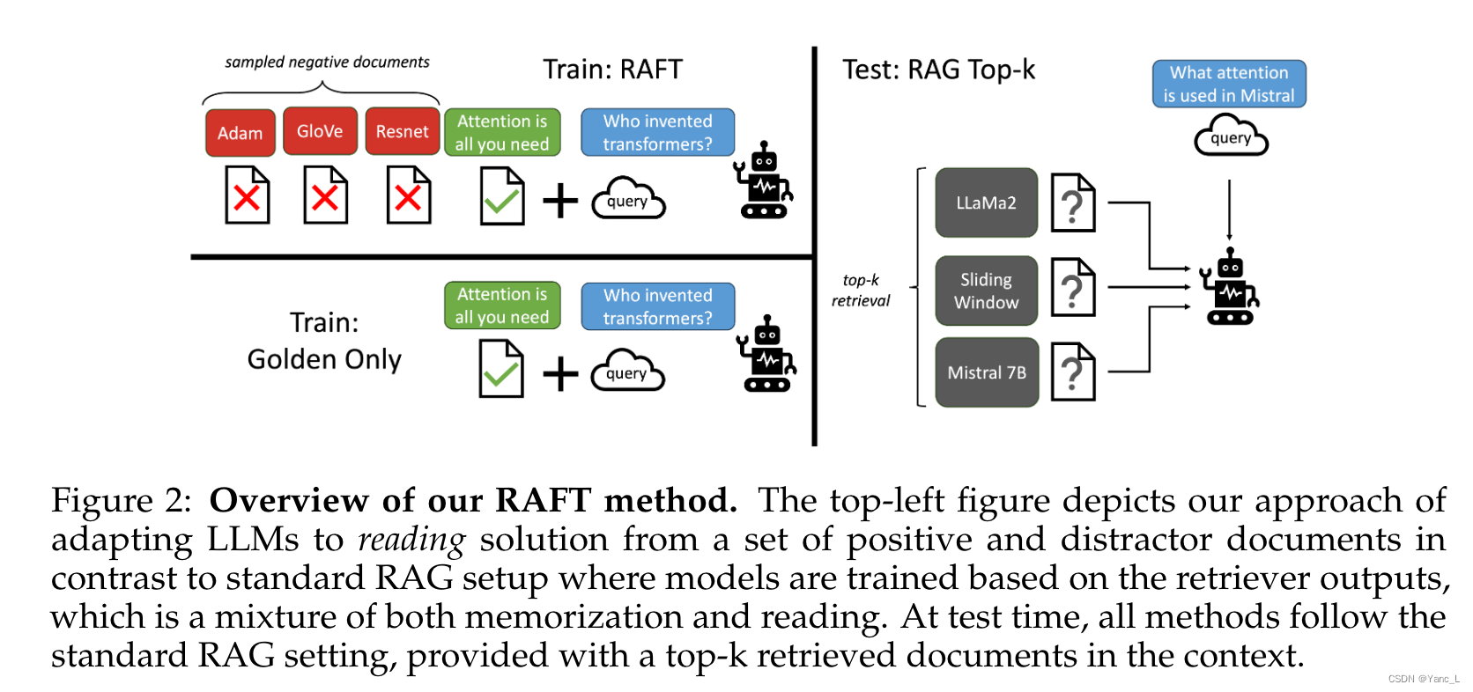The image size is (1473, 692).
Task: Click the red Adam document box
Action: [x=240, y=133]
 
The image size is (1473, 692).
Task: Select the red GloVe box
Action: [x=320, y=131]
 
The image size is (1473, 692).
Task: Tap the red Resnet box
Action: [x=402, y=131]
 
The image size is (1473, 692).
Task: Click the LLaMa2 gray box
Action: [x=986, y=202]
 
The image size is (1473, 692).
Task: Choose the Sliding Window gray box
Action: [x=986, y=291]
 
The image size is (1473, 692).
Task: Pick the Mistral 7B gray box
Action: [x=986, y=372]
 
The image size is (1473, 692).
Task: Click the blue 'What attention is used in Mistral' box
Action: [x=1229, y=85]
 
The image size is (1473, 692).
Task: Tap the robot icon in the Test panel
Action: [x=1230, y=287]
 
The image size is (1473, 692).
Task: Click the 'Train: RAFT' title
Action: [x=612, y=70]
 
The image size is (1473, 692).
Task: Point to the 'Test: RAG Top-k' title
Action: [x=938, y=70]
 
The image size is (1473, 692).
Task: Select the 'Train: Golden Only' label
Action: [x=324, y=341]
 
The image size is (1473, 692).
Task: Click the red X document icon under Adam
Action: [x=247, y=195]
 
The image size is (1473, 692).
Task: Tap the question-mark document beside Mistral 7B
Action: [x=1073, y=372]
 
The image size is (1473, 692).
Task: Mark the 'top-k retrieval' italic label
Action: [x=861, y=290]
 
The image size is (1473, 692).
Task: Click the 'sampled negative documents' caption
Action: [x=327, y=63]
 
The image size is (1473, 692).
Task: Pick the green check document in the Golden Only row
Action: [x=501, y=370]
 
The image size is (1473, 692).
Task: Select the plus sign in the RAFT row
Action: [x=560, y=201]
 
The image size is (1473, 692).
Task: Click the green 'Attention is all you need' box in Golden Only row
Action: [x=502, y=306]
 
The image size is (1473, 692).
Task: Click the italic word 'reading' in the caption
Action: [x=411, y=539]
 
